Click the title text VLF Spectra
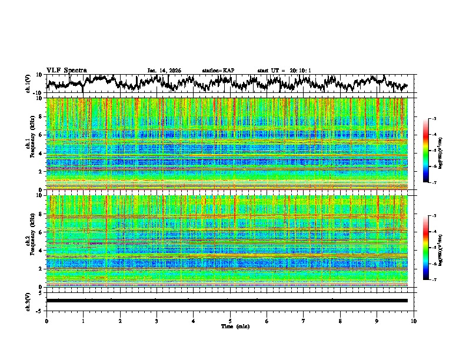click(66, 70)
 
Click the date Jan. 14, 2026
click(164, 71)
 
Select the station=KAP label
click(218, 71)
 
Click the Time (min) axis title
click(230, 326)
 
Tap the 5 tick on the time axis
click(230, 320)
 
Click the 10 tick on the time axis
click(414, 320)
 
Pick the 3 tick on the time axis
click(157, 320)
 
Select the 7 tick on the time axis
click(304, 320)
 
